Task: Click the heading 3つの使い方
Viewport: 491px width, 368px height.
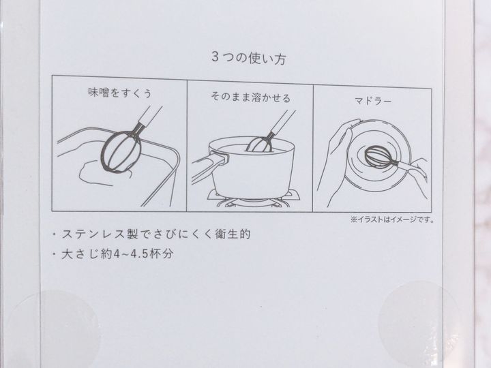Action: (x=249, y=58)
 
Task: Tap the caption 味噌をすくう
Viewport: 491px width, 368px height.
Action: (x=120, y=93)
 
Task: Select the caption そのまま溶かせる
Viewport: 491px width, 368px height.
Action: (x=250, y=97)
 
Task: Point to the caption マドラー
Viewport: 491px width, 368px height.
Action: (x=373, y=101)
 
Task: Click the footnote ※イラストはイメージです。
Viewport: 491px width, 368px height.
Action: (x=393, y=219)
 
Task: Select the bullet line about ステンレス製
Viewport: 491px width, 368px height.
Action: (x=152, y=234)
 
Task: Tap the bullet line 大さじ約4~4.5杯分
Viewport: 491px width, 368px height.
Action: (x=113, y=254)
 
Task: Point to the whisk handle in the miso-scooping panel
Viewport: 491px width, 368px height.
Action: (x=149, y=117)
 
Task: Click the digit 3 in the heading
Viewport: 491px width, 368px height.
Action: (x=215, y=57)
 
